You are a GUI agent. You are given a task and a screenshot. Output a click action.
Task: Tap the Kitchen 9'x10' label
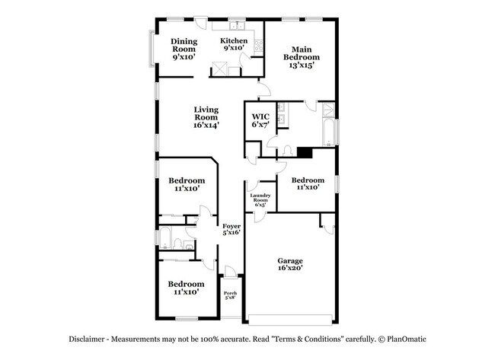(234, 45)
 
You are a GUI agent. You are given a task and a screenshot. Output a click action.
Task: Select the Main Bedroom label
(302, 56)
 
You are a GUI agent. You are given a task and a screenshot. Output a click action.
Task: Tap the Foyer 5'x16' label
(232, 229)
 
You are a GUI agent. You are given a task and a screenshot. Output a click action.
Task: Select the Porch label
(230, 294)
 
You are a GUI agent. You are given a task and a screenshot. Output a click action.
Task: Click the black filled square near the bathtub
(305, 152)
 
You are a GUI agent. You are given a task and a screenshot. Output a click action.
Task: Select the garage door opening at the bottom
(292, 318)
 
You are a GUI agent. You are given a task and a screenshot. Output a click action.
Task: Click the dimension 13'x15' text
(302, 65)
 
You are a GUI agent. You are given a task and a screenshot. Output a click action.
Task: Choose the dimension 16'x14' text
(206, 126)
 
